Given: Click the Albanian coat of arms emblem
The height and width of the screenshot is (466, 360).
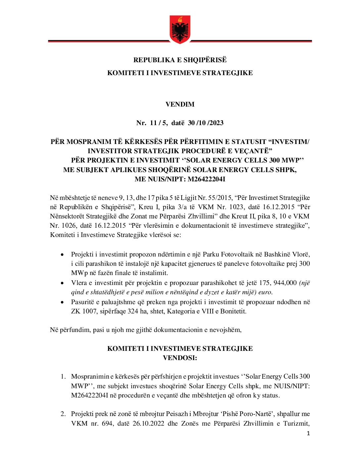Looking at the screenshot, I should point(180,29).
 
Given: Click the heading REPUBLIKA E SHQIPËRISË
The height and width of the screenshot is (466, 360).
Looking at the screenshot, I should point(180,60).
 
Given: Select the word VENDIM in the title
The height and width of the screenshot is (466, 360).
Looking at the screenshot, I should point(180,104).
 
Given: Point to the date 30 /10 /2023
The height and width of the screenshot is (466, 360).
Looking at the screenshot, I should point(205,123).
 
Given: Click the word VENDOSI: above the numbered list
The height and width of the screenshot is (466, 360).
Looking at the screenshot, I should point(180,358).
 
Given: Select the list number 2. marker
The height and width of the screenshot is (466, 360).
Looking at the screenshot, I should point(63,414).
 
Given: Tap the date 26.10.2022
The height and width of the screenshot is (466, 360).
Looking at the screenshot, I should point(148,423).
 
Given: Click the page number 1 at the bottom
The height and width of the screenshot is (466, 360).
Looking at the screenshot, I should point(308,434).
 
